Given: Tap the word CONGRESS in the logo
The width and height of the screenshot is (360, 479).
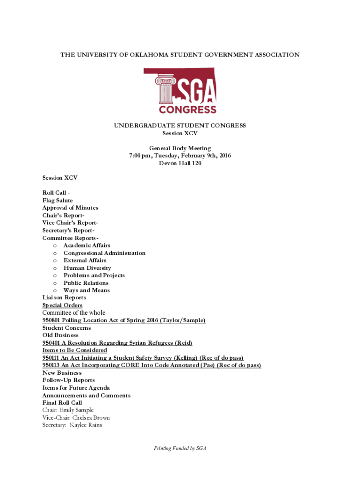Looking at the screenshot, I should point(187,110).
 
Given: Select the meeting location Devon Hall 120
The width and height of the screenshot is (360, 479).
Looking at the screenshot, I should point(180,163).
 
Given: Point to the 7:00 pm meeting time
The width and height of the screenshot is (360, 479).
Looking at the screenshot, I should point(139,156).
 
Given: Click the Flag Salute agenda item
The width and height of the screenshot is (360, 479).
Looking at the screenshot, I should point(58,200).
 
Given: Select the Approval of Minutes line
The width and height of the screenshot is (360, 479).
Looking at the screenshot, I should point(70,208).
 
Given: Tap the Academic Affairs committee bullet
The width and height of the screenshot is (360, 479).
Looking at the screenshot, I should point(87,245).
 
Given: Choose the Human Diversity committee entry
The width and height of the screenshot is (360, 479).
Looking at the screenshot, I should point(87,268).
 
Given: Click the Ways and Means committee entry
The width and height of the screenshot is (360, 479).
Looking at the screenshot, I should point(87,290).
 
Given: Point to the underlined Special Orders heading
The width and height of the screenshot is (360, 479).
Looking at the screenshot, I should point(62,305).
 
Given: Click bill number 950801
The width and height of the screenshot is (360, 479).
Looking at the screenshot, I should point(51,320).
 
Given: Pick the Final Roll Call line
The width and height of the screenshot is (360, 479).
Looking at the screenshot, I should point(62,403).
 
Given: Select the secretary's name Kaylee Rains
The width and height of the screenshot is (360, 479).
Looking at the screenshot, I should point(86,425).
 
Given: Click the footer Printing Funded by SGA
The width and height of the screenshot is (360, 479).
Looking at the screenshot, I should point(180,449).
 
